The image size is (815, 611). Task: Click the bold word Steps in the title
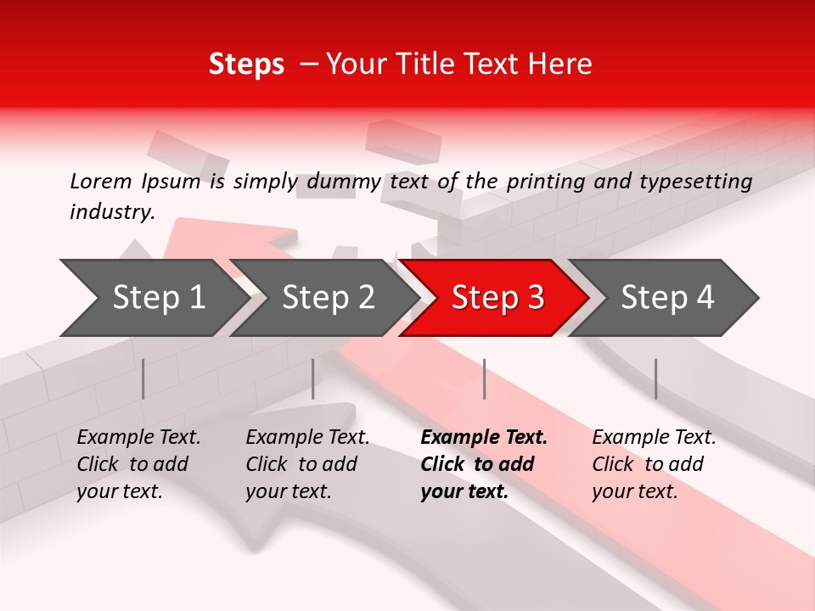click(246, 64)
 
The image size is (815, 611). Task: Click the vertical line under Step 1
click(143, 378)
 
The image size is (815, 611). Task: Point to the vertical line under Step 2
click(313, 378)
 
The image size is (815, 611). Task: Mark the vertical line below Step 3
click(484, 378)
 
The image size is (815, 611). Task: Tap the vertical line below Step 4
click(655, 378)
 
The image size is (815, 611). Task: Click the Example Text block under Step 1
click(138, 464)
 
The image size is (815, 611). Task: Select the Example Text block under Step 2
click(307, 464)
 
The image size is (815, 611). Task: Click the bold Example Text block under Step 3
click(484, 464)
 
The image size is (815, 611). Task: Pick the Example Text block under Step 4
click(654, 464)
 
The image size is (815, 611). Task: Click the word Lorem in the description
click(100, 181)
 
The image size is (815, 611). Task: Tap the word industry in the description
click(111, 212)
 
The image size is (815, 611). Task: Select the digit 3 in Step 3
click(534, 298)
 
